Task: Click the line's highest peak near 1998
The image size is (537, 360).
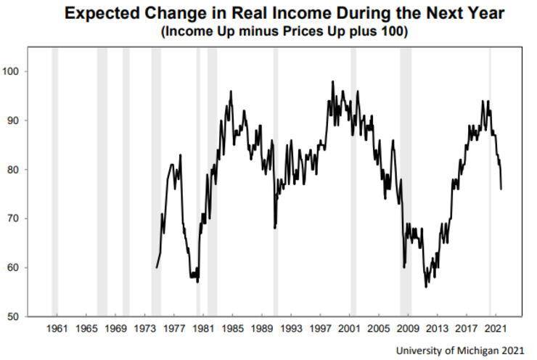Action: coord(332,82)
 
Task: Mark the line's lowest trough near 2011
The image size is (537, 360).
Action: coord(426,287)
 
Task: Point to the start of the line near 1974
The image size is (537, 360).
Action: coord(156,267)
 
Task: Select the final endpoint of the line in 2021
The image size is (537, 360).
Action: coord(501,189)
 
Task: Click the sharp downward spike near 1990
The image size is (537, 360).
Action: coord(274,228)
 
